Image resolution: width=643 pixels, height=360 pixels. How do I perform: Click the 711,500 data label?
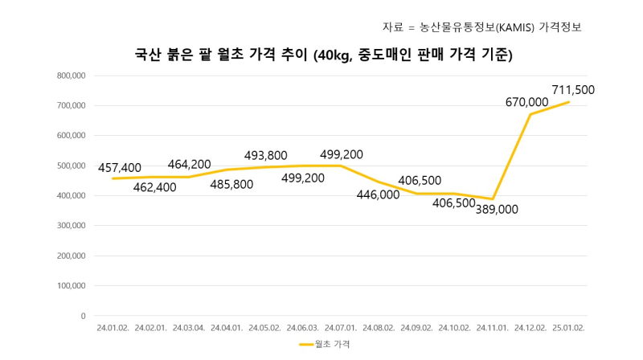573,90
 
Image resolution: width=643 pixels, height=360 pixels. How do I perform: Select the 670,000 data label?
527,102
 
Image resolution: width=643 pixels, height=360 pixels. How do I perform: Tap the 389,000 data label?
498,210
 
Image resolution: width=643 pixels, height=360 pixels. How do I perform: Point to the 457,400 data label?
120,168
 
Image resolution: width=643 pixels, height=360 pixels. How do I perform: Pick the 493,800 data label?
266,156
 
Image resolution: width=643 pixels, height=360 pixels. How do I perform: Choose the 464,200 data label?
190,165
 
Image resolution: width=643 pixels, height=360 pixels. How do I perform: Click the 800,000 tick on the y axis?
71,76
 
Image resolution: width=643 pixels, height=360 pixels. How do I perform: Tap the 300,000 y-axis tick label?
71,226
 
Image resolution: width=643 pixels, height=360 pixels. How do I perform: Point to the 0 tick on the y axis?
83,316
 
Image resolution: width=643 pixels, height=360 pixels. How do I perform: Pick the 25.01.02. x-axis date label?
568,329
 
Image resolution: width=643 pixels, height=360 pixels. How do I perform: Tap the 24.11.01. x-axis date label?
492,329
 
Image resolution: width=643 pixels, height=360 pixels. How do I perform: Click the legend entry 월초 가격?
324,344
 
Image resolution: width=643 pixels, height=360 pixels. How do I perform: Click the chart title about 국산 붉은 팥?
323,55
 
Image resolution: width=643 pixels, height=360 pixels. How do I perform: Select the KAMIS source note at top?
481,27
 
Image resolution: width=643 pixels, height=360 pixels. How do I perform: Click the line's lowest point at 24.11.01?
492,198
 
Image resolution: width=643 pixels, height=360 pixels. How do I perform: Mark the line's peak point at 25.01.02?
568,102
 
